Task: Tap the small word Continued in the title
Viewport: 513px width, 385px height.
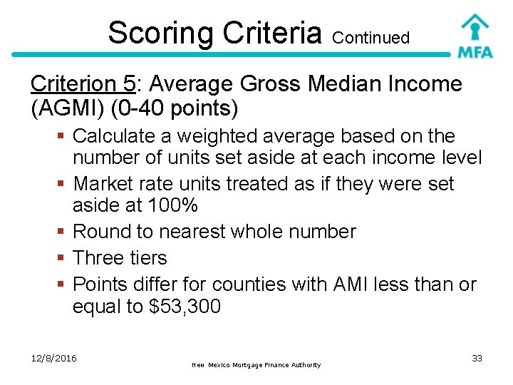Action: pos(370,38)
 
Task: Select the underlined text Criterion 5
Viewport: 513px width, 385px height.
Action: pos(83,84)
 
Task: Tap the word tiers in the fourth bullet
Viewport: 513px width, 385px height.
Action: pos(147,258)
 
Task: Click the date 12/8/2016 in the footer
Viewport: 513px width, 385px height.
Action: pos(53,358)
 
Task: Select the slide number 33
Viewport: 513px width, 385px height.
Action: pos(477,358)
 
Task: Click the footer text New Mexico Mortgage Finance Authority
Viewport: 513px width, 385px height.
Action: pos(256,365)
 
